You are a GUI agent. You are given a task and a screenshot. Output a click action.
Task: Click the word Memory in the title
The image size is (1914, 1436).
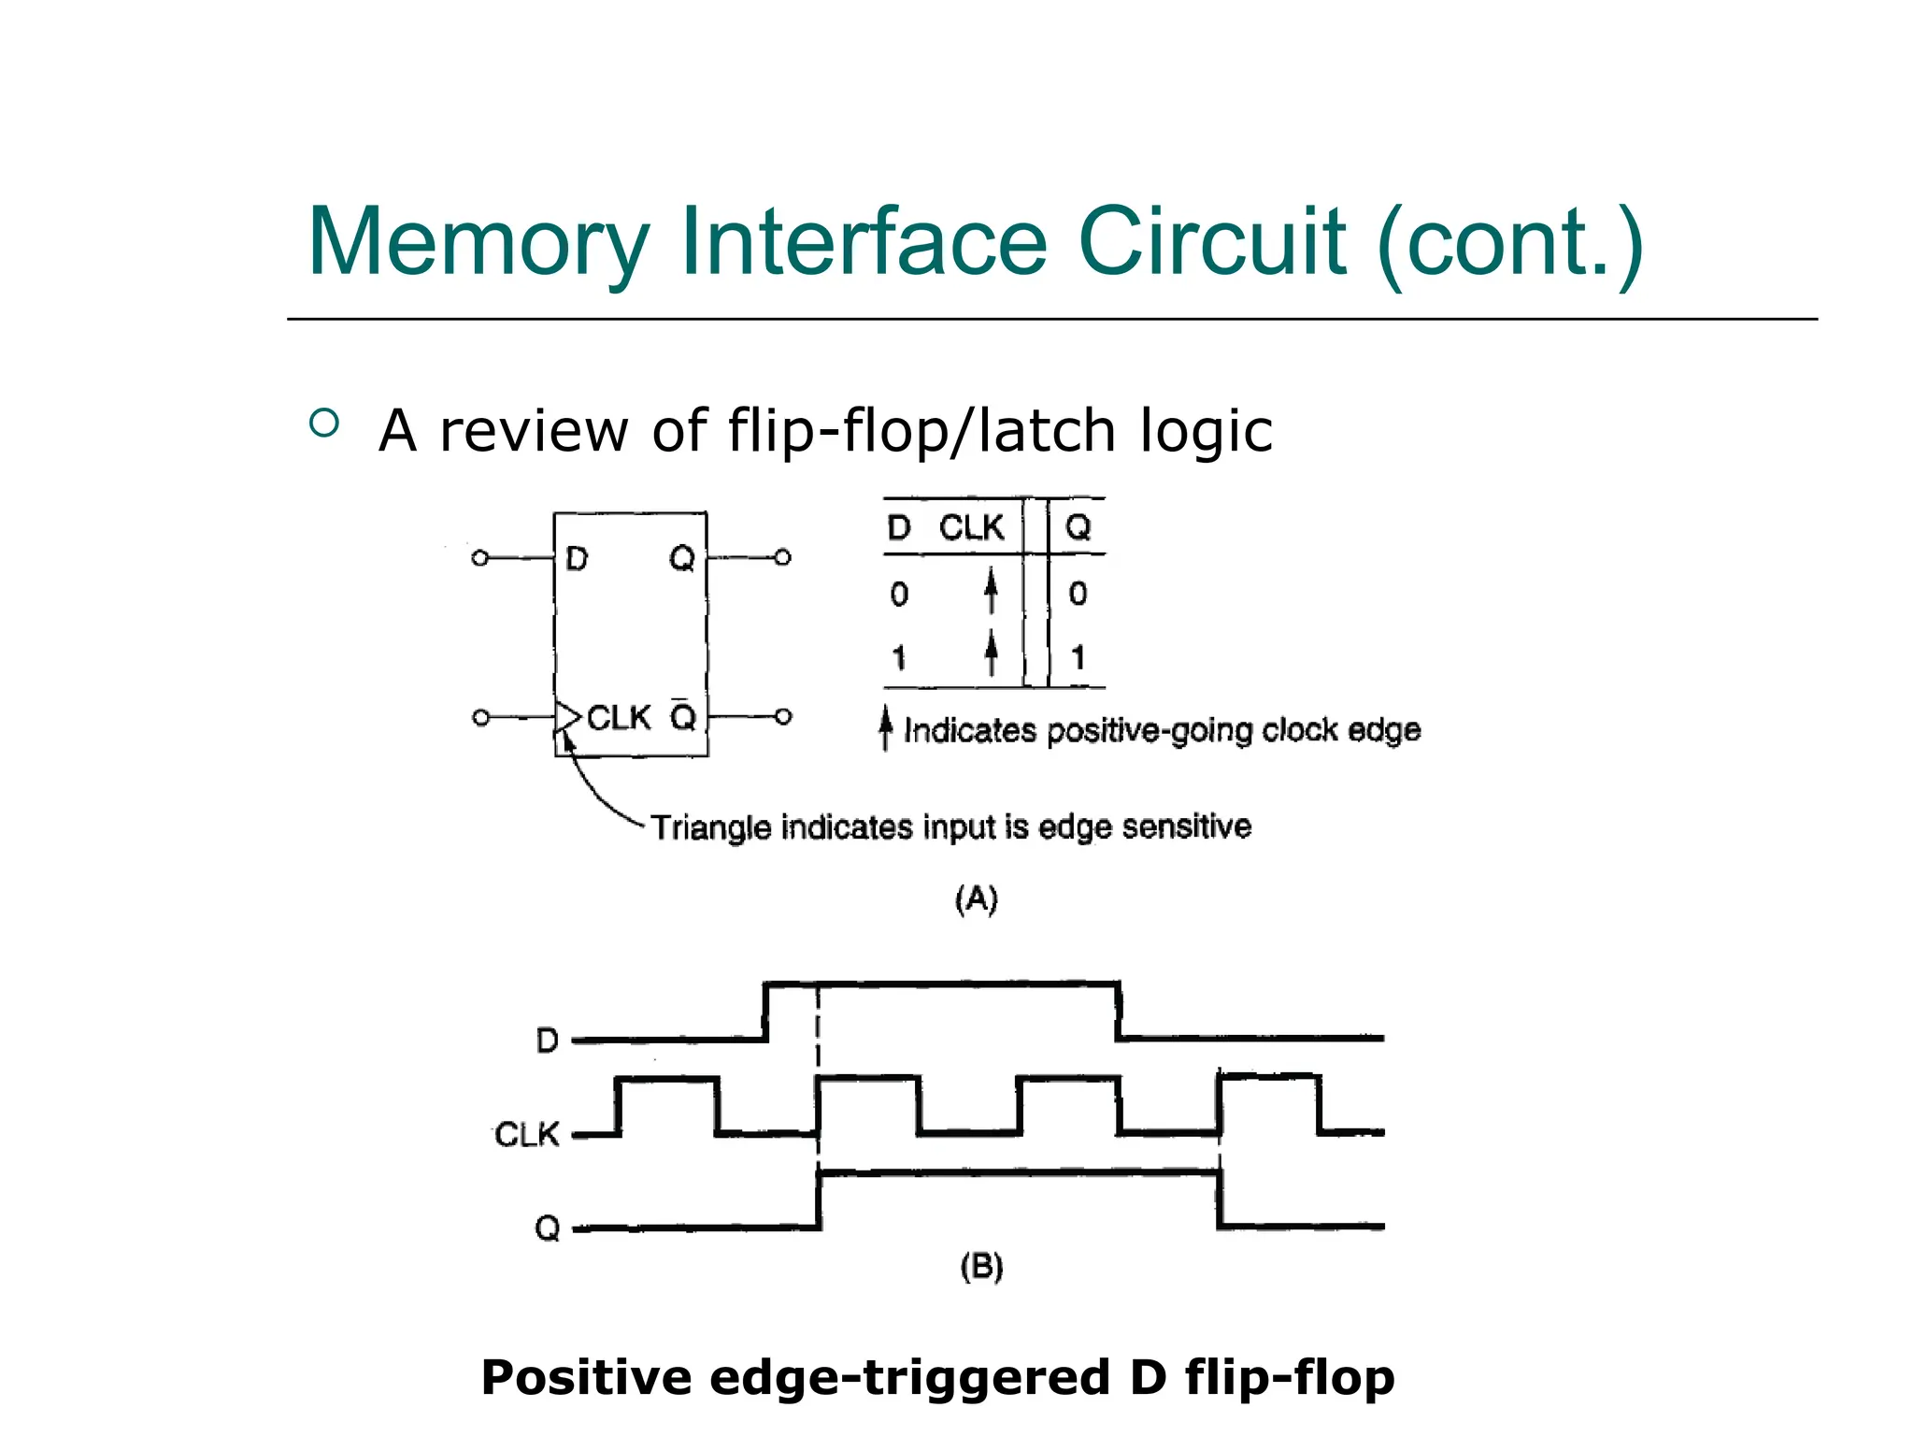[478, 243]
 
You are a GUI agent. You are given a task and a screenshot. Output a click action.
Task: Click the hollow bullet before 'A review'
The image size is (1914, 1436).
[323, 424]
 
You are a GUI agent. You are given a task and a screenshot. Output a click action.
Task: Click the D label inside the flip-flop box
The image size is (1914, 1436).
[577, 559]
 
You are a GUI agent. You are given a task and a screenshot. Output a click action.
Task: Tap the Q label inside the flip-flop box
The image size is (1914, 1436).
[682, 559]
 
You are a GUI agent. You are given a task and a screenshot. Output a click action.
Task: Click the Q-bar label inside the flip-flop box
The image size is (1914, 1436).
[683, 716]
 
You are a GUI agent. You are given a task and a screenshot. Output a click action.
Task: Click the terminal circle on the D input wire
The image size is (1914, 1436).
[479, 558]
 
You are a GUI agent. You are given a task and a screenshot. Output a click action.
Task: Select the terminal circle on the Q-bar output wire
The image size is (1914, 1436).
[784, 717]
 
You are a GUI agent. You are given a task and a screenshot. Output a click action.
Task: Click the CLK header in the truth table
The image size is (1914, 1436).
[971, 528]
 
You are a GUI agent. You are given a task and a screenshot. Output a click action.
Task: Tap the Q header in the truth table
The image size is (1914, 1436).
[1078, 528]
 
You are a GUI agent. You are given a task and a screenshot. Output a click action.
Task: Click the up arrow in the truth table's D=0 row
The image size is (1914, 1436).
[991, 593]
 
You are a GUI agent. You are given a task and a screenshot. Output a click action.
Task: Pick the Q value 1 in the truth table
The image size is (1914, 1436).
[1078, 657]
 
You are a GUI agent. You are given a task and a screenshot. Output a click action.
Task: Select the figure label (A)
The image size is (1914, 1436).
[977, 899]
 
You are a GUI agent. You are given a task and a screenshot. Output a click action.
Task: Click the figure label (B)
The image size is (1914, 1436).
[981, 1267]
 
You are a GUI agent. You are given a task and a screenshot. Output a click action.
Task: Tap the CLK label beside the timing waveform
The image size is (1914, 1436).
[526, 1135]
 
